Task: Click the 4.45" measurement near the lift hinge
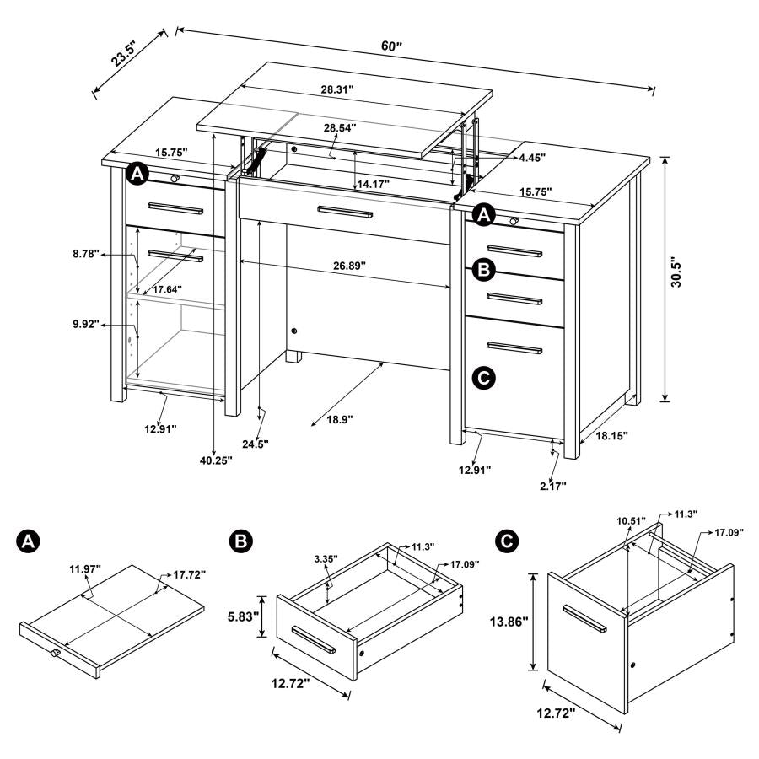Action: pos(532,158)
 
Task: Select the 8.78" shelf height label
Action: pos(85,253)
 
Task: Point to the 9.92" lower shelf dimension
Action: pos(85,324)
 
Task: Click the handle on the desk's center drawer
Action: pos(343,211)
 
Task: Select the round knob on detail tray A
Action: pos(56,654)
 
